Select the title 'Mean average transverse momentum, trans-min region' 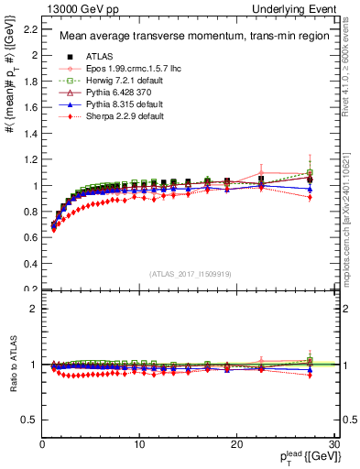click(x=187, y=38)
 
